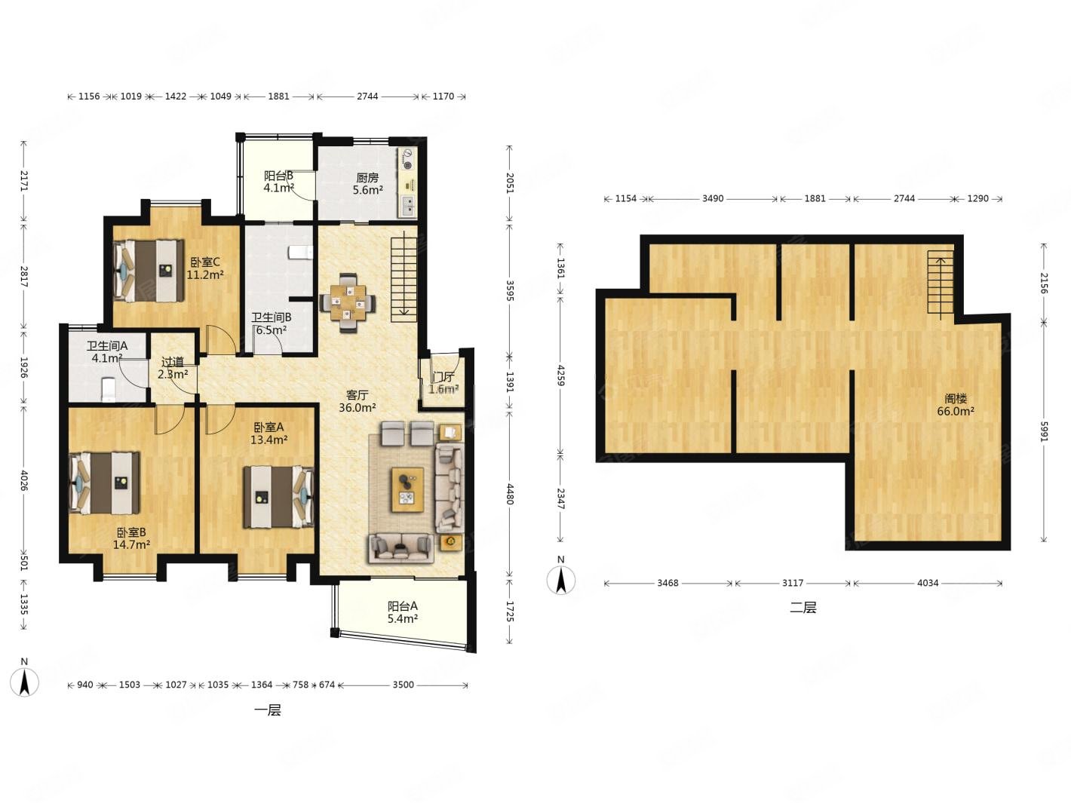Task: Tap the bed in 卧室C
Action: [x=149, y=270]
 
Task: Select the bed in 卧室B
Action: [x=104, y=483]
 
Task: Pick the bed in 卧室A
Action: [x=278, y=497]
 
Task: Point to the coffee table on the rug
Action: [x=407, y=489]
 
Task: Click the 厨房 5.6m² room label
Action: [x=367, y=184]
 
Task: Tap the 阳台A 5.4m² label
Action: [x=403, y=612]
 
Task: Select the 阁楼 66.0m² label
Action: [x=956, y=405]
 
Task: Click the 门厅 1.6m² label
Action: [x=443, y=383]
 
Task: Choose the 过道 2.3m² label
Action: [x=173, y=368]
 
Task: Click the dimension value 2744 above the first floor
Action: [x=367, y=96]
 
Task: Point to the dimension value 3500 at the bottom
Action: [x=403, y=685]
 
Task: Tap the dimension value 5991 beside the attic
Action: [x=1044, y=431]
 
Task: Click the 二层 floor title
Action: [x=802, y=608]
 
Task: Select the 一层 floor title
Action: [x=268, y=710]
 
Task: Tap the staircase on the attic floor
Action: [x=941, y=285]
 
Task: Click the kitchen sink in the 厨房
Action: [x=407, y=207]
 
